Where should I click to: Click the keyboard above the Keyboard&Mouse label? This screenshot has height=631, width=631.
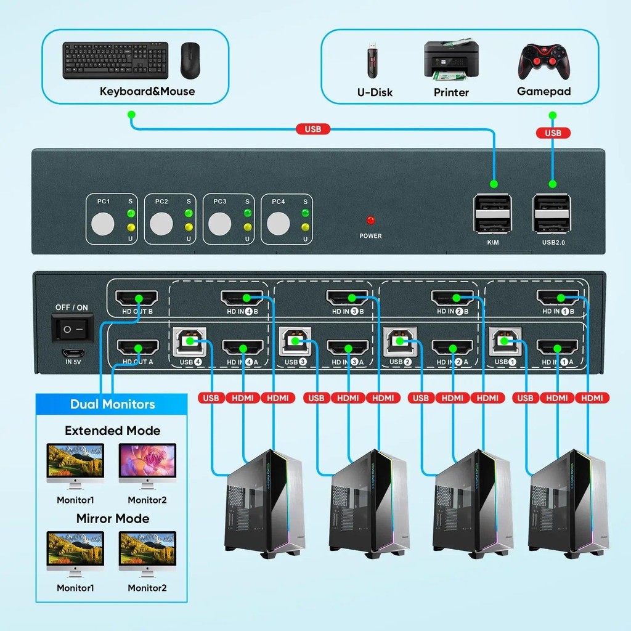pyautogui.click(x=115, y=60)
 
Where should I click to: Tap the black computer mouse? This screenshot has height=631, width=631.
pyautogui.click(x=190, y=60)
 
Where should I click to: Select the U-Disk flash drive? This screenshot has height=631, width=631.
pyautogui.click(x=373, y=60)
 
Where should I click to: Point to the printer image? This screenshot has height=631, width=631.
pyautogui.click(x=451, y=60)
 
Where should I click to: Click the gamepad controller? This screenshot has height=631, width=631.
pyautogui.click(x=543, y=62)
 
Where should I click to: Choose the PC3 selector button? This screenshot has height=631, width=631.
pyautogui.click(x=219, y=224)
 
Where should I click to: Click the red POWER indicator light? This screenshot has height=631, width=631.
pyautogui.click(x=370, y=221)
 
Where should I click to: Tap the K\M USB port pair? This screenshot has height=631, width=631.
pyautogui.click(x=492, y=213)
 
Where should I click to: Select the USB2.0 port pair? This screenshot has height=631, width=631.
pyautogui.click(x=552, y=213)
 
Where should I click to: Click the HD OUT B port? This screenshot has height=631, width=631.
pyautogui.click(x=137, y=298)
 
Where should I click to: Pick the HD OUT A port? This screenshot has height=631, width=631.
pyautogui.click(x=137, y=347)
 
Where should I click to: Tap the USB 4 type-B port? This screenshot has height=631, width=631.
pyautogui.click(x=190, y=341)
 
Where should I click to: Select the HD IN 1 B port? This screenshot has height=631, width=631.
pyautogui.click(x=558, y=298)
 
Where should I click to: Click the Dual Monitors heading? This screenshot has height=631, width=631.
pyautogui.click(x=112, y=404)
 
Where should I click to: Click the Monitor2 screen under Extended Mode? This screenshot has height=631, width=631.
pyautogui.click(x=147, y=463)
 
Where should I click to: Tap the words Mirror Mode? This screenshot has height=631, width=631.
pyautogui.click(x=112, y=518)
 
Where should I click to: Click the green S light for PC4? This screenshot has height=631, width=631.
pyautogui.click(x=304, y=214)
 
